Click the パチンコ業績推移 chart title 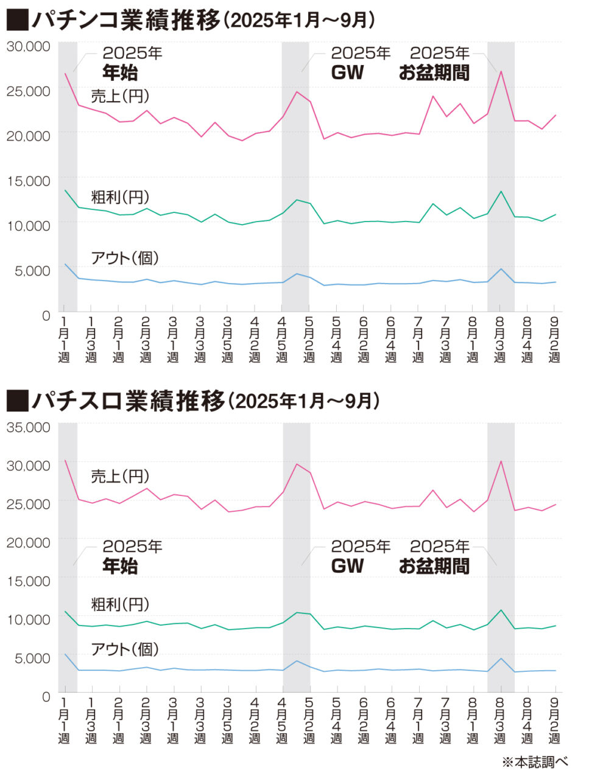pos(125,21)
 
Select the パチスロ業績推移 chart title pos(129,402)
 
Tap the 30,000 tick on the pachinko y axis pos(28,47)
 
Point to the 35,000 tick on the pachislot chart pos(28,427)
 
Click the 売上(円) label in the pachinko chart pos(120,96)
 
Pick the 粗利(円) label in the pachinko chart pos(120,197)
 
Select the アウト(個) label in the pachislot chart pos(125,649)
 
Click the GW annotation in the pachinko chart pos(347,73)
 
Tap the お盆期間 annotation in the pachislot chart pos(434,567)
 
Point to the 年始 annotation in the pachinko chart pos(120,73)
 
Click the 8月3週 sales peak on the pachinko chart pos(501,72)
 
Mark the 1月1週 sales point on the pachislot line pos(65,460)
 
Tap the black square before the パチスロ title pos(18,402)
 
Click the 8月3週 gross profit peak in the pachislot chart pos(501,610)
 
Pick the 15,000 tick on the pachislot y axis pos(28,581)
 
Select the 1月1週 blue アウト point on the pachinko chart pos(65,264)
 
